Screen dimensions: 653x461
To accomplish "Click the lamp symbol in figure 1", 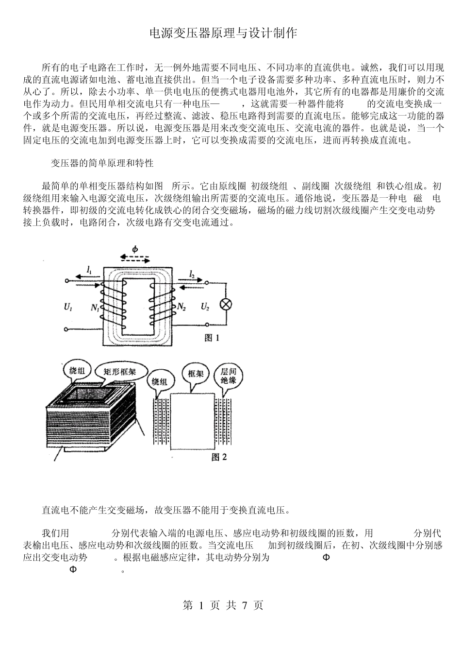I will tap(225, 305).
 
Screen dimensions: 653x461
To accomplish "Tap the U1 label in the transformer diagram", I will tap(68, 307).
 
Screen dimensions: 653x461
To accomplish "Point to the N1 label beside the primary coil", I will tap(95, 308).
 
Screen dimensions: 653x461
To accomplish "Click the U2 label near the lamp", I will tap(205, 307).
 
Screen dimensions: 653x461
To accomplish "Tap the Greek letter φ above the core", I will tap(135, 249).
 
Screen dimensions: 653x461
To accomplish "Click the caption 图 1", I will tap(213, 338).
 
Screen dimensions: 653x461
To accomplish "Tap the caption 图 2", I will tap(219, 457).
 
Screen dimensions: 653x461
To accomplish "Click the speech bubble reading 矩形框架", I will tap(120, 372).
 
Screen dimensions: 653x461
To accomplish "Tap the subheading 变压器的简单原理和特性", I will tap(102, 163).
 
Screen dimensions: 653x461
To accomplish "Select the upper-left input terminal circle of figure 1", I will tap(67, 281).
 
